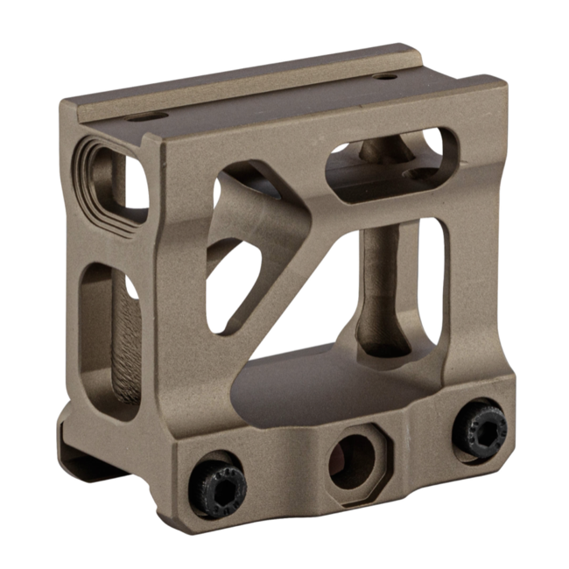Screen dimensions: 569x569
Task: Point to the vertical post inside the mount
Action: [375, 289]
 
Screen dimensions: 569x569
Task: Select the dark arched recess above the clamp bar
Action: [306, 385]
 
